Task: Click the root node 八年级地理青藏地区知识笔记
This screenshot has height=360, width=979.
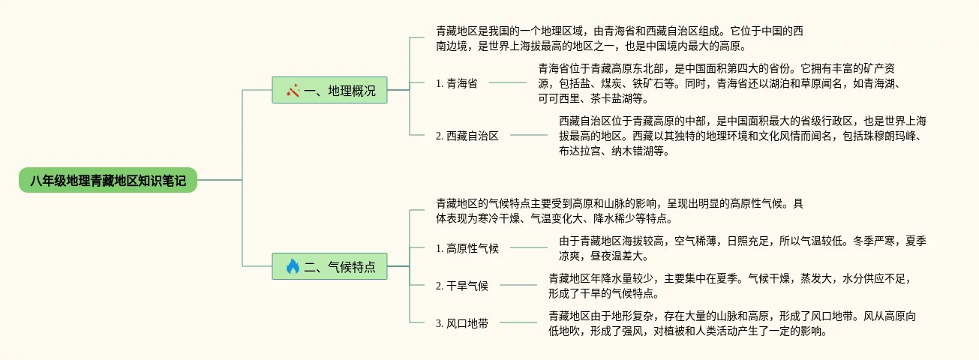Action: pos(108,180)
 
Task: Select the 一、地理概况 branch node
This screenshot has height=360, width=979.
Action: pos(329,91)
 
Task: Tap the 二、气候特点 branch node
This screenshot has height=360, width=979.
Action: pos(329,266)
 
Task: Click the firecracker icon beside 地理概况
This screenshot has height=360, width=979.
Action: pos(293,91)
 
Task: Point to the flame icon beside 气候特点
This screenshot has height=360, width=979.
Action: pos(293,266)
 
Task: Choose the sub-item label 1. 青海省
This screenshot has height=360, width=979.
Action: pos(456,83)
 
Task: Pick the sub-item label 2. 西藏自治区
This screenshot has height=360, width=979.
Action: pos(467,136)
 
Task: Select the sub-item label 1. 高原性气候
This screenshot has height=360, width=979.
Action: pos(467,248)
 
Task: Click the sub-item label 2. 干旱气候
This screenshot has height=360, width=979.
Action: pos(461,286)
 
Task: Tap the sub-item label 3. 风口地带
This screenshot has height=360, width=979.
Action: pos(461,323)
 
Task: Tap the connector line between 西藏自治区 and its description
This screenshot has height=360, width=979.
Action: pos(528,136)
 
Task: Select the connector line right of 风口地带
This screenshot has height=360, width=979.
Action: pos(518,323)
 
